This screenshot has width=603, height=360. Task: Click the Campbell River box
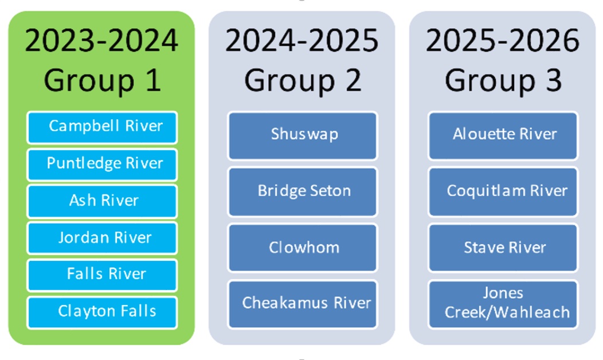(102, 127)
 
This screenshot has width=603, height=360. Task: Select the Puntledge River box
(102, 164)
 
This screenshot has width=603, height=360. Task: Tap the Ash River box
(102, 201)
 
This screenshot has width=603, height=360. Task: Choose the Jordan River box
(102, 238)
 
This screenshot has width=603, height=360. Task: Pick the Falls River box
(102, 275)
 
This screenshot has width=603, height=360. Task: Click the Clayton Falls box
(102, 312)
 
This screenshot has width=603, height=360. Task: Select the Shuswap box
(302, 135)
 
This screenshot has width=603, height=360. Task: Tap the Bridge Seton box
(302, 191)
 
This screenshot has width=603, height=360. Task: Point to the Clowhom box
(302, 248)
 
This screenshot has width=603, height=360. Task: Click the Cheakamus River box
(302, 304)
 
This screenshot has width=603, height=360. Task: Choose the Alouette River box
(503, 135)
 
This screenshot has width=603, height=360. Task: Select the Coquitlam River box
(503, 191)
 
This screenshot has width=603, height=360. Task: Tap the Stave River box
(503, 248)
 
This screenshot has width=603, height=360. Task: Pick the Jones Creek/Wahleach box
(503, 304)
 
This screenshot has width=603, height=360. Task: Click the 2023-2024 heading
(101, 40)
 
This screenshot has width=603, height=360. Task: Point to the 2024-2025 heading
(302, 40)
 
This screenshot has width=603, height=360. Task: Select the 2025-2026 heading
(503, 40)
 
